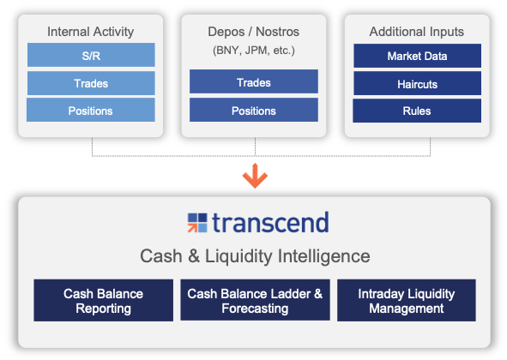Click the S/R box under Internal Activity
tap(91, 55)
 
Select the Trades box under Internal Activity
tap(91, 83)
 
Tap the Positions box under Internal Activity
tap(91, 111)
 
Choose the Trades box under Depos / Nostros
tap(254, 81)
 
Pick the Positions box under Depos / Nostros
tap(254, 110)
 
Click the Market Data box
tap(418, 56)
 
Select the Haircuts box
tap(418, 83)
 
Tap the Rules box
tap(417, 111)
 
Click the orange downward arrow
tap(255, 176)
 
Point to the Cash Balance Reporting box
tap(104, 300)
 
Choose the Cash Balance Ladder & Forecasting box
tap(255, 300)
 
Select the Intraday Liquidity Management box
tap(407, 300)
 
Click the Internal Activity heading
tap(91, 32)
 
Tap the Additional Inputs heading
tap(417, 32)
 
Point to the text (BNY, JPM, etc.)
tap(254, 51)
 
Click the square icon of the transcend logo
tap(197, 223)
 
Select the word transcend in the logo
tap(270, 222)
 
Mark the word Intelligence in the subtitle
tap(324, 256)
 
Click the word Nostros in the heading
tap(277, 32)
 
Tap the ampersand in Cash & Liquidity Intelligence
tap(194, 256)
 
